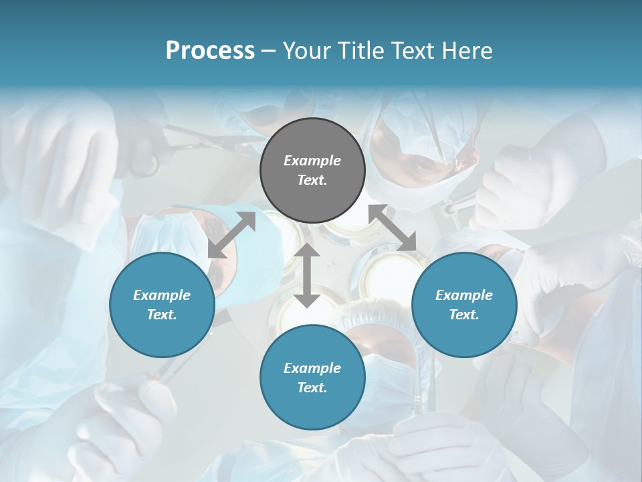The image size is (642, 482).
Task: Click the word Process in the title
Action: pyautogui.click(x=210, y=51)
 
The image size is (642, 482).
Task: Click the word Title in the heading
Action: pyautogui.click(x=361, y=51)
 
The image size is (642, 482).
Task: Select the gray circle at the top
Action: pyautogui.click(x=312, y=171)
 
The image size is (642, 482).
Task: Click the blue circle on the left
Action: pyautogui.click(x=162, y=305)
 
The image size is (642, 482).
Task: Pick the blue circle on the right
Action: pyautogui.click(x=464, y=305)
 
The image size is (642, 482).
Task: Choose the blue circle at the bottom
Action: pyautogui.click(x=312, y=378)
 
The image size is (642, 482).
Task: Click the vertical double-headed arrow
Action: pyautogui.click(x=307, y=275)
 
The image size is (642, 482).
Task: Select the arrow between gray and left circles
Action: pyautogui.click(x=231, y=235)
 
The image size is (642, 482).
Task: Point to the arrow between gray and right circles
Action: pyautogui.click(x=393, y=228)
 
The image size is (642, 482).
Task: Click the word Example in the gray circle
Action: pyautogui.click(x=312, y=161)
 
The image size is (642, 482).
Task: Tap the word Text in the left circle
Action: pyautogui.click(x=162, y=315)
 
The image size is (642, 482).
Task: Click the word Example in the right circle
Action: pyautogui.click(x=464, y=295)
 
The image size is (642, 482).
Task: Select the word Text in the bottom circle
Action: pyautogui.click(x=312, y=388)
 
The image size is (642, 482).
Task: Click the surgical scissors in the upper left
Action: pyautogui.click(x=201, y=141)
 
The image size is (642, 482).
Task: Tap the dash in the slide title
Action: pyautogui.click(x=268, y=51)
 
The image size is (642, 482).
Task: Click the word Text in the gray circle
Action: pyautogui.click(x=312, y=180)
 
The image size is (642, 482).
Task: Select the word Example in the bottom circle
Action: pyautogui.click(x=312, y=368)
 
